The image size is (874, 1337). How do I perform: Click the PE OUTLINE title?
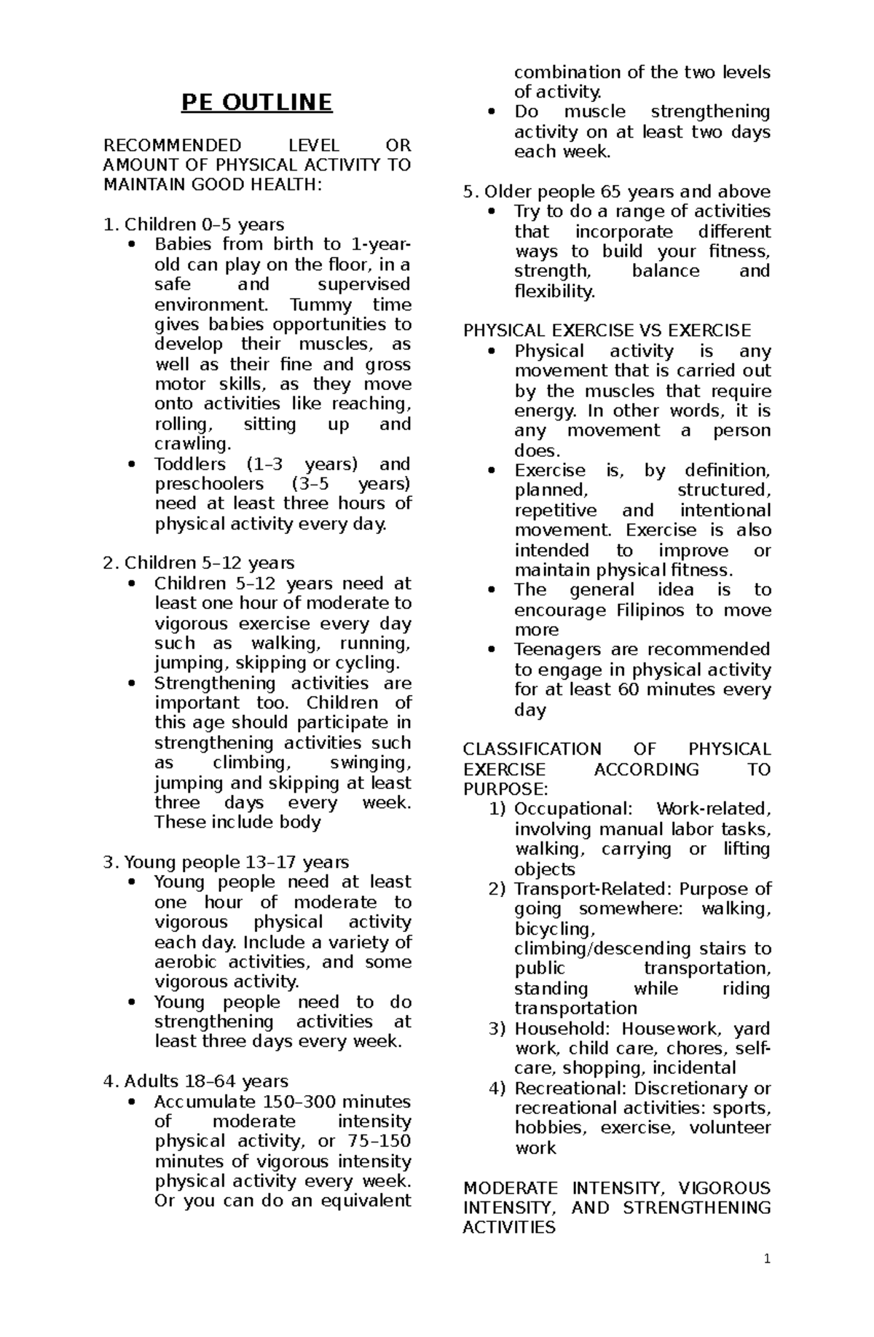click(256, 103)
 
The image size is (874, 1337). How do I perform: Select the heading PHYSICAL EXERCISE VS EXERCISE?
click(607, 331)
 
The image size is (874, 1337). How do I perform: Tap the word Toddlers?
click(190, 464)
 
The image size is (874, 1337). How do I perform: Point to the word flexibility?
click(554, 291)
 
